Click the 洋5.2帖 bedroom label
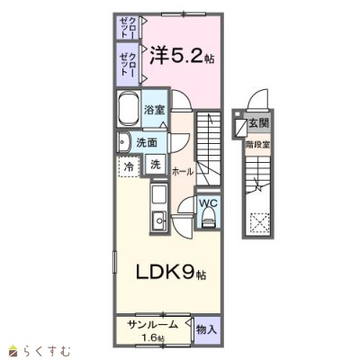coord(182,56)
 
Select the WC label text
coord(209,203)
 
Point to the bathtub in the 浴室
coord(129,109)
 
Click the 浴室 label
coord(154,110)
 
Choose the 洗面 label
coord(147,143)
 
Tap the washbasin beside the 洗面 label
coord(123,142)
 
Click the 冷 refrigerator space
coord(129,166)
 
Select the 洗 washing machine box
coord(156,165)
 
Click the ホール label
coord(183,172)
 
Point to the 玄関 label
coord(259,122)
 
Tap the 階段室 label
coord(257,145)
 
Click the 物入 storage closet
coord(206,330)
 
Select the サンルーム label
coord(153,325)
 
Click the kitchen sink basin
coord(159,220)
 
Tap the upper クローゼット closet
coord(128,28)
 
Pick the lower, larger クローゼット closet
coord(128,65)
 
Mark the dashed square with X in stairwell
coord(260,223)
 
